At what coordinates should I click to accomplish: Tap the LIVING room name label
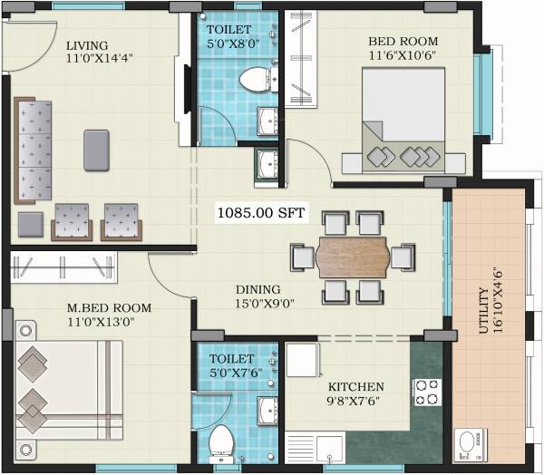click(x=87, y=45)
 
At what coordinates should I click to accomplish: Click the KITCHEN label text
click(x=355, y=386)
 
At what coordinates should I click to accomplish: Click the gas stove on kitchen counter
click(x=425, y=393)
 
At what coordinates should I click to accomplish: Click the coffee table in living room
click(x=97, y=150)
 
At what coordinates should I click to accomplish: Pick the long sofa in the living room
click(x=36, y=150)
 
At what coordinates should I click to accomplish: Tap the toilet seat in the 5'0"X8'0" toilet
click(x=251, y=80)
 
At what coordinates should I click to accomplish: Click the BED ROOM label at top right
click(x=403, y=42)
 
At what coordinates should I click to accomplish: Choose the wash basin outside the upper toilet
click(x=267, y=162)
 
